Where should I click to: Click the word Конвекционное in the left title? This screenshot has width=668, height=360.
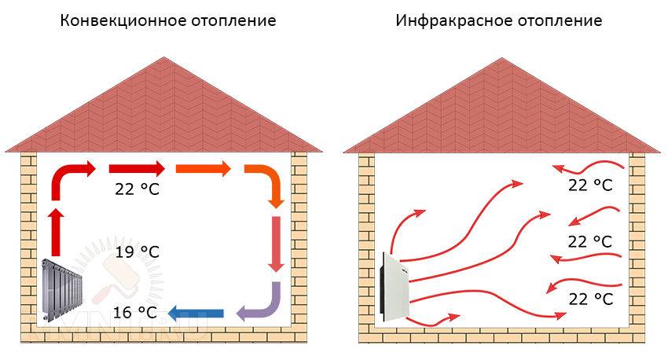(123, 20)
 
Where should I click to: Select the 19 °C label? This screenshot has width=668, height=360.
(137, 252)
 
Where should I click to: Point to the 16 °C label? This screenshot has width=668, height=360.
(135, 312)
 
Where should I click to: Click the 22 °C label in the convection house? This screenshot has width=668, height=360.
(137, 189)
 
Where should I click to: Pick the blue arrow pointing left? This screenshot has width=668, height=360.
(196, 314)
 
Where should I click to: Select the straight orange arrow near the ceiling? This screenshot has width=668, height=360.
(204, 169)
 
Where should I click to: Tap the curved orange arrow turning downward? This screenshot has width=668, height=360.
(265, 186)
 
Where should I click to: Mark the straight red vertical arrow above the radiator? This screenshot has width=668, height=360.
(56, 232)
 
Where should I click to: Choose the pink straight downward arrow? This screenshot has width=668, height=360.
(276, 244)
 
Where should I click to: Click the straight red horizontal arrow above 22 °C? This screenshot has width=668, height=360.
(137, 169)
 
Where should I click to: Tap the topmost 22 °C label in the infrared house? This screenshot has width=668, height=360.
(590, 185)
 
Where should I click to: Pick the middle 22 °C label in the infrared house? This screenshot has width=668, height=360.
(590, 241)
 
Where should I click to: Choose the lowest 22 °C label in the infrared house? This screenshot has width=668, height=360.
(591, 299)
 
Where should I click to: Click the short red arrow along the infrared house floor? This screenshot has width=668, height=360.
(432, 320)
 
